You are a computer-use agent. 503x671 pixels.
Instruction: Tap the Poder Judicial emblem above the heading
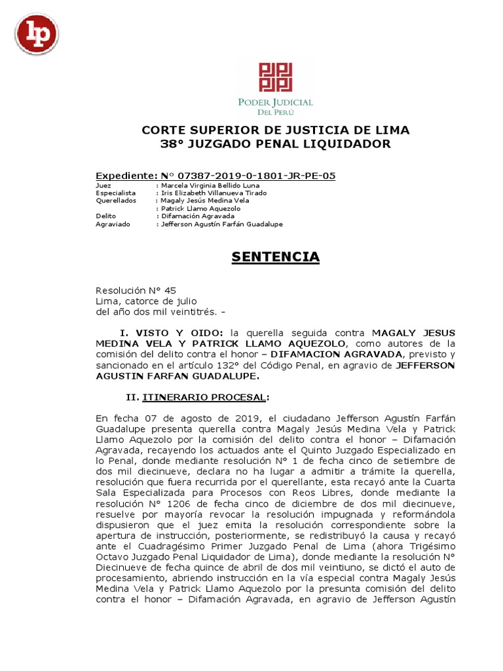pos(276,77)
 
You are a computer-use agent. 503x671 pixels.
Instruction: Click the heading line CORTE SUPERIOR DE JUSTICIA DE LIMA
pos(267,129)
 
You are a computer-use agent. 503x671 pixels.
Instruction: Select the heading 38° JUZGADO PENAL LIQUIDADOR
pos(266,144)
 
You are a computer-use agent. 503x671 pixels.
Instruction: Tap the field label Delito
pos(105,216)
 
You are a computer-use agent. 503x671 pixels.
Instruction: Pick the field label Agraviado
pos(113,224)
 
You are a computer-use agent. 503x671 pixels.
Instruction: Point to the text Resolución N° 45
pos(136,290)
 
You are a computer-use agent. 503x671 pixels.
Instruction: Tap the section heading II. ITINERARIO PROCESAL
pos(196,398)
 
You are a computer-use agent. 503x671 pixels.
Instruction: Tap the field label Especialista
pos(116,193)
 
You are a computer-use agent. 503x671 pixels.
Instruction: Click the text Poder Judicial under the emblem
pos(276,103)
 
